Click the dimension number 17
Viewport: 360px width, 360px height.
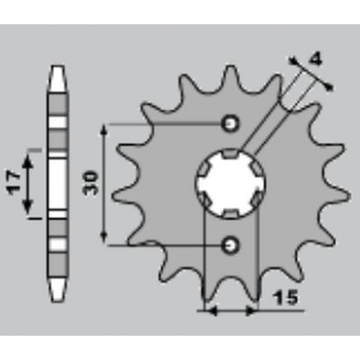(13, 184)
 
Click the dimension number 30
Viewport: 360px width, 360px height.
(91, 183)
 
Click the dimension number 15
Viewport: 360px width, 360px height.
(285, 298)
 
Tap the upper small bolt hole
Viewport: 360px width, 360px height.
(230, 123)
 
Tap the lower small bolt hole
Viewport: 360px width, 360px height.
(230, 246)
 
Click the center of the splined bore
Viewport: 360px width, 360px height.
(230, 184)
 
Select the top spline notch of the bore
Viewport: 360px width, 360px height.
(230, 154)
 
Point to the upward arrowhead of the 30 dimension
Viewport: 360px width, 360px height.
(103, 131)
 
